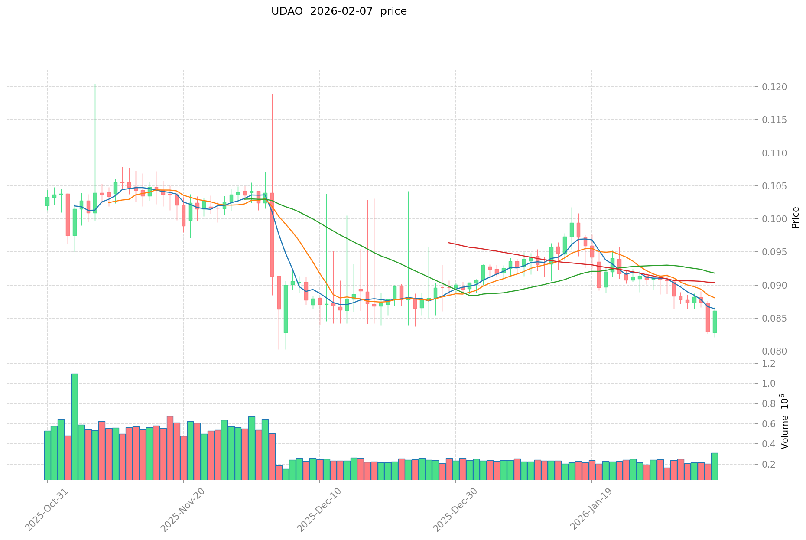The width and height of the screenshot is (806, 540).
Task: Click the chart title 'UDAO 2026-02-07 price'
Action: pyautogui.click(x=339, y=12)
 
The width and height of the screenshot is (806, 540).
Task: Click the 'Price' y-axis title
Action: pyautogui.click(x=795, y=218)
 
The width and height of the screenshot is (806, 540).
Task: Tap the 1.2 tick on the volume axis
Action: pyautogui.click(x=769, y=364)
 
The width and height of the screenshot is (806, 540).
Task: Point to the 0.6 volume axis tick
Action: pyautogui.click(x=769, y=424)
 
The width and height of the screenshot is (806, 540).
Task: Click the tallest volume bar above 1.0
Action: pyautogui.click(x=75, y=426)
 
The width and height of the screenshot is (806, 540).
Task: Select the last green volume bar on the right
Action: pyautogui.click(x=714, y=466)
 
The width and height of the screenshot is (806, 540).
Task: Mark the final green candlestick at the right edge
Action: pyautogui.click(x=715, y=322)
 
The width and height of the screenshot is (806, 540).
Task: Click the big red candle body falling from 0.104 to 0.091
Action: pyautogui.click(x=272, y=234)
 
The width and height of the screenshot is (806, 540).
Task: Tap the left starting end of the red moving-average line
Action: pyautogui.click(x=449, y=243)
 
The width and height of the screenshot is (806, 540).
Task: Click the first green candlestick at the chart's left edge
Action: pyautogui.click(x=47, y=201)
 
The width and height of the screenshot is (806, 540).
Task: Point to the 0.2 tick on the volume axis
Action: pyautogui.click(x=769, y=465)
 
